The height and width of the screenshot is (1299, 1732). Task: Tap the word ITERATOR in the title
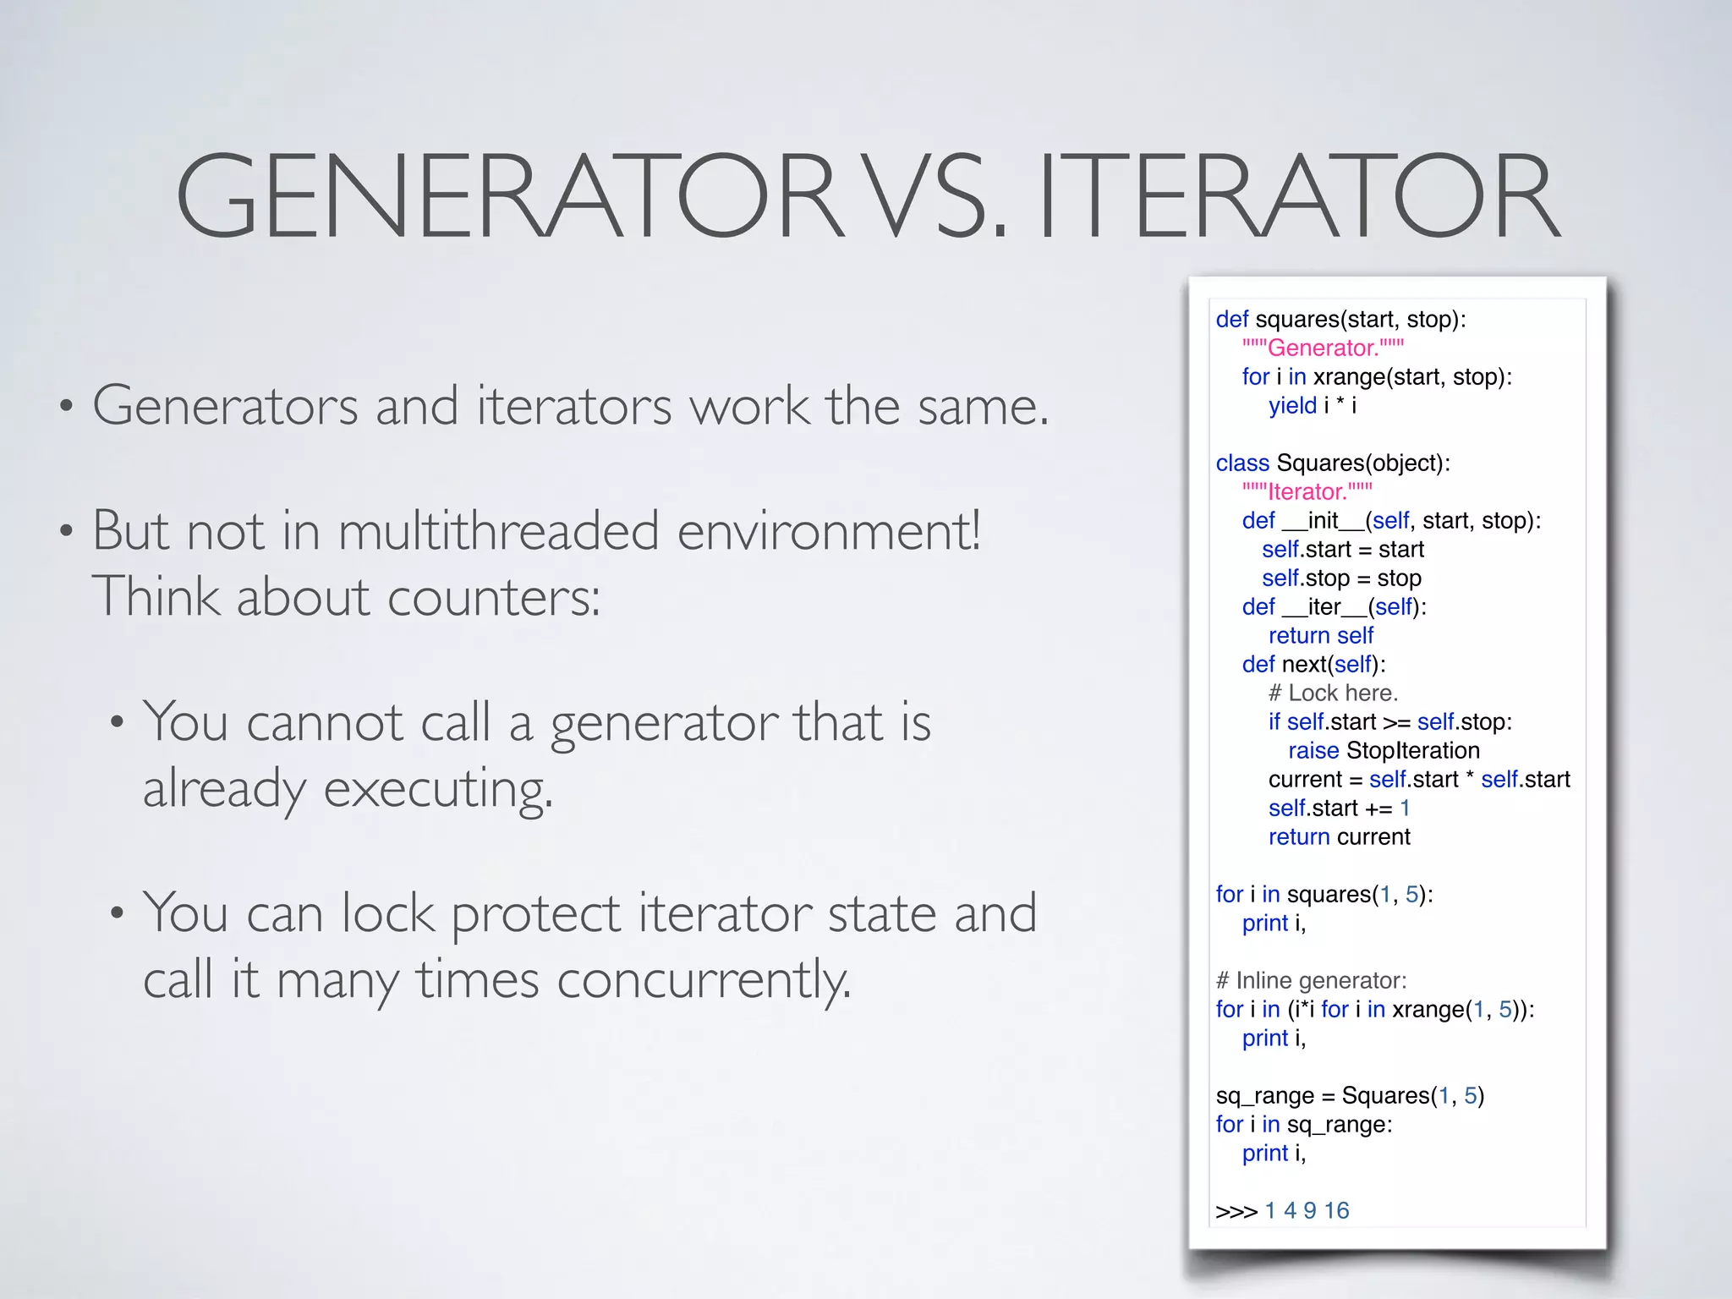(1299, 196)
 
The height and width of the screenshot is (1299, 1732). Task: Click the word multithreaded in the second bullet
(498, 531)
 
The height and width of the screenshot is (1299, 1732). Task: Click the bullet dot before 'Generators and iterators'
(66, 407)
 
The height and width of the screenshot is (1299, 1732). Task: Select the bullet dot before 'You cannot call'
(117, 723)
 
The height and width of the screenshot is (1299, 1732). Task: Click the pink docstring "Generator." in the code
(1323, 348)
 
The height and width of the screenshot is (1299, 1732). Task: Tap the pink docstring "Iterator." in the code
(1307, 491)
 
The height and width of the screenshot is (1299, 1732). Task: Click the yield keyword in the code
(1292, 405)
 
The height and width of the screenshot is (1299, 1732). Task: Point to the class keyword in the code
(1242, 463)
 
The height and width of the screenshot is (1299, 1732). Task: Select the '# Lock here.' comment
(1333, 693)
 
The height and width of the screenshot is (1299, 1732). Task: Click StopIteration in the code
(1412, 750)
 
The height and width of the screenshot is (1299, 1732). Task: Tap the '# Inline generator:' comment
(1311, 980)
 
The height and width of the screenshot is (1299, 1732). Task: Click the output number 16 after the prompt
(1336, 1210)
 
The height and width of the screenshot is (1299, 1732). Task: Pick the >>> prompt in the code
(1236, 1211)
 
